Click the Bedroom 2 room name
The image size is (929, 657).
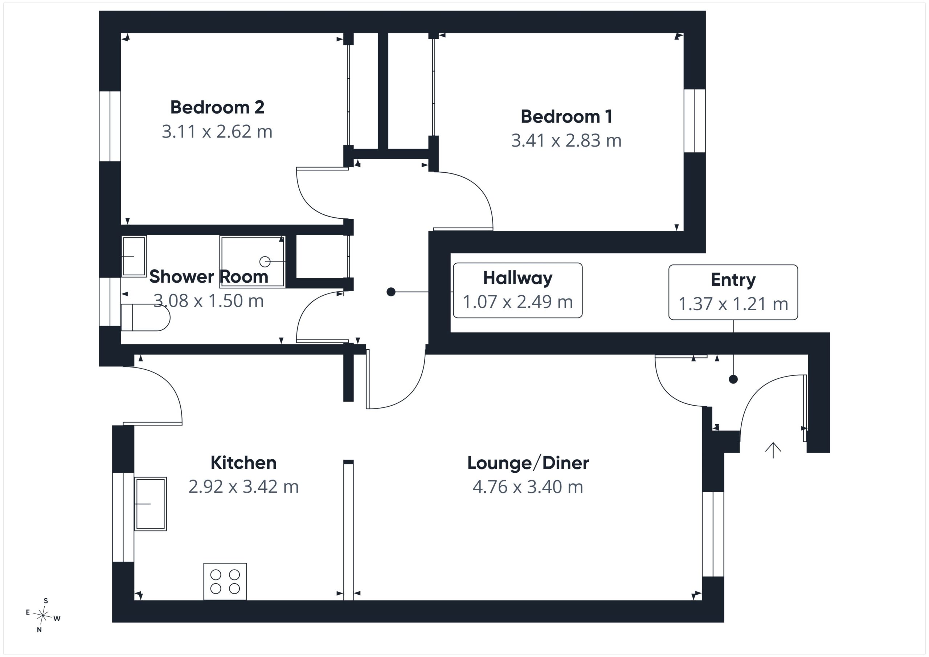click(x=217, y=107)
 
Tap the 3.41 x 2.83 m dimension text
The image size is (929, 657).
click(x=566, y=140)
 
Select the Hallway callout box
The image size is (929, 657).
click(x=517, y=290)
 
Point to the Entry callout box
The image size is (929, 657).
click(x=733, y=292)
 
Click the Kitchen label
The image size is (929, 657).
click(x=243, y=463)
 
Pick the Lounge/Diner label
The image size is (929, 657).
click(x=528, y=463)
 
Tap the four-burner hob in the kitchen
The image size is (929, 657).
click(x=225, y=581)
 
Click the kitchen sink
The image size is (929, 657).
click(x=150, y=504)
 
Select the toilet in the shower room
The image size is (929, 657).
click(x=146, y=317)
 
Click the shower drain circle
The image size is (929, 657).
click(x=265, y=262)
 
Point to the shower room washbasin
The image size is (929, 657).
click(x=134, y=256)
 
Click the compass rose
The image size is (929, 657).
click(x=42, y=615)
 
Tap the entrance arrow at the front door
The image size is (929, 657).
click(x=773, y=450)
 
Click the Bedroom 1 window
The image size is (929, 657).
click(x=695, y=120)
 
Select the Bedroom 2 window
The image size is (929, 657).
click(x=110, y=126)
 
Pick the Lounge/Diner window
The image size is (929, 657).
click(x=713, y=534)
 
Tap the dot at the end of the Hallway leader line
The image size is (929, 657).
click(x=391, y=292)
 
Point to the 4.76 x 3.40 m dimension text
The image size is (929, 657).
click(x=528, y=487)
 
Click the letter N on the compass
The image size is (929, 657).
click(x=39, y=629)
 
